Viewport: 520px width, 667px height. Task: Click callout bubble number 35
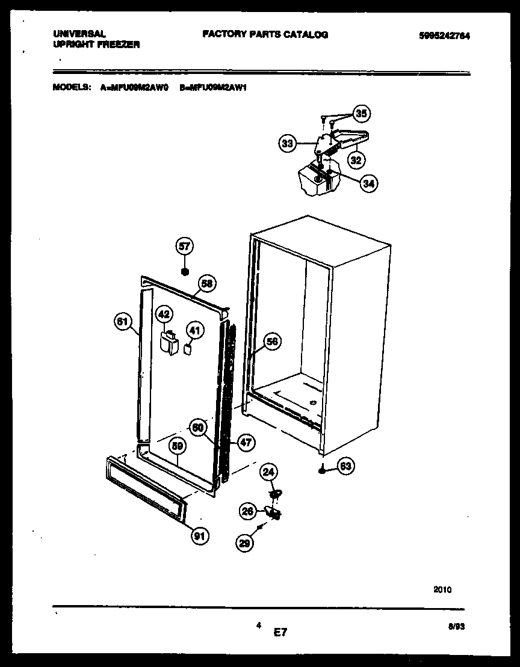click(361, 113)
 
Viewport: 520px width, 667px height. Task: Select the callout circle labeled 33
click(288, 144)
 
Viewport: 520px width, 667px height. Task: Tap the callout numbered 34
click(369, 184)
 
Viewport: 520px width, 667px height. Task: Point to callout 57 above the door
click(184, 245)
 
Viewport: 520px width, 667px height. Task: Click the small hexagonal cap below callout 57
click(184, 271)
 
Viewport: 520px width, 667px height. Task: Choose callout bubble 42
click(164, 314)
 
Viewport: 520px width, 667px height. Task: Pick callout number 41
click(194, 330)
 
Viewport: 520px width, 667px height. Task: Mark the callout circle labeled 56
click(272, 342)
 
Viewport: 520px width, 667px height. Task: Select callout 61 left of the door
click(123, 322)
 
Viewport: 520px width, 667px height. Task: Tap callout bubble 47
click(245, 443)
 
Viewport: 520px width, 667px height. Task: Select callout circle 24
click(268, 473)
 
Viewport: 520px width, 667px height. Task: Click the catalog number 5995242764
click(444, 36)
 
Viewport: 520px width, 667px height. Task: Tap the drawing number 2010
click(442, 590)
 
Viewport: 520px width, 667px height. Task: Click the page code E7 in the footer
click(280, 632)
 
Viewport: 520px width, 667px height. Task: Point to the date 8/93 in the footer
click(457, 626)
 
